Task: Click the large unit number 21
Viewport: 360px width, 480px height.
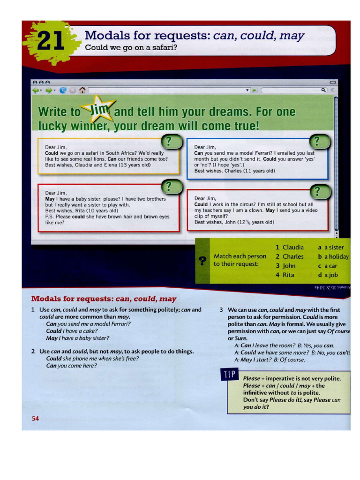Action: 51,41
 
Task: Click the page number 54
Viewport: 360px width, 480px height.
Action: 35,419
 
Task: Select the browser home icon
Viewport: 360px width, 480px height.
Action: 82,90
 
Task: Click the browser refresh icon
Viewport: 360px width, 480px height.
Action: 63,90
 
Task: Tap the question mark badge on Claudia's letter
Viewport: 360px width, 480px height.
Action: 171,141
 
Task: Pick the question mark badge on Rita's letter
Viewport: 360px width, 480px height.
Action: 171,187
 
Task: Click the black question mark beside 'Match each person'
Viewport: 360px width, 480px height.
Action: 202,261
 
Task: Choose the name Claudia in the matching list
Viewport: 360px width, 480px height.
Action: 292,247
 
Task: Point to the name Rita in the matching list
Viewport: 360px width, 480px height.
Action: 288,275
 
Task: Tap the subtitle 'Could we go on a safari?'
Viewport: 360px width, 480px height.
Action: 131,47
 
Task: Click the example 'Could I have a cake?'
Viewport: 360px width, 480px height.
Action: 72,330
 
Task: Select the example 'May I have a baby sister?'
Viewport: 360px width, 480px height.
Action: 77,338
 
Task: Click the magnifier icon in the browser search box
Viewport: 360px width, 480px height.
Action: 323,90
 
